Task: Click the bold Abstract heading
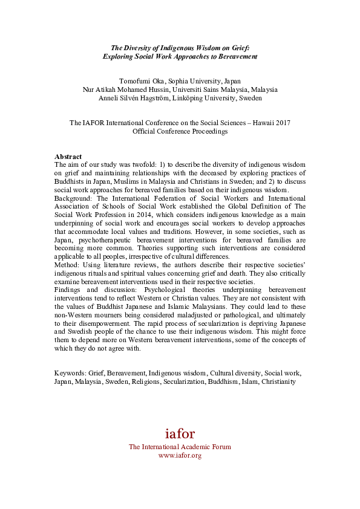(x=68, y=156)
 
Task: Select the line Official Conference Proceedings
(x=180, y=131)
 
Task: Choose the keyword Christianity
(x=278, y=381)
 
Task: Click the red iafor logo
(x=180, y=433)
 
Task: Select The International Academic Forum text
(x=180, y=447)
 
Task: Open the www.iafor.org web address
(x=180, y=455)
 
